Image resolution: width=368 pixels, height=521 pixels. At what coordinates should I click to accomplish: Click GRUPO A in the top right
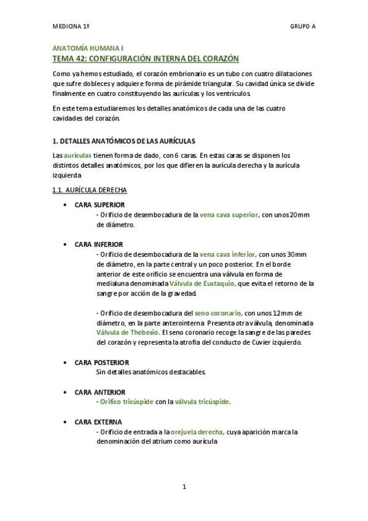pos(303,27)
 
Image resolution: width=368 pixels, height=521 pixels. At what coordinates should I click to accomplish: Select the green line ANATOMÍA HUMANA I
pos(88,48)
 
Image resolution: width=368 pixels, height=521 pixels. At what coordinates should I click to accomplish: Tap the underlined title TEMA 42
pos(146,58)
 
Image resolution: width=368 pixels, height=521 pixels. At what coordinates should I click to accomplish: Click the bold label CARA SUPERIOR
pos(100,205)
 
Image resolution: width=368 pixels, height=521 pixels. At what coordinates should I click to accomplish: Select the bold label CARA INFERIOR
pos(98,244)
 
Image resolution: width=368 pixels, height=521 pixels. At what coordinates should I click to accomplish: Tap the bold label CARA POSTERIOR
pos(101,362)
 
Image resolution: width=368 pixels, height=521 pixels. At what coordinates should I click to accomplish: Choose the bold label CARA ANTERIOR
pos(100,392)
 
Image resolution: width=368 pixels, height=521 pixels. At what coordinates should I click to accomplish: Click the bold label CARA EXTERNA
pos(98,421)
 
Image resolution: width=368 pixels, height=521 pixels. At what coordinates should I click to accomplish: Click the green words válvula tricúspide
pos(203,402)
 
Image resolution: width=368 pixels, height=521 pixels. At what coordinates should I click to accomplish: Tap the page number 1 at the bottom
pos(184,487)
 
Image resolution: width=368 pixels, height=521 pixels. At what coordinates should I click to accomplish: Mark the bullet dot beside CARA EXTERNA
pos(65,422)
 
